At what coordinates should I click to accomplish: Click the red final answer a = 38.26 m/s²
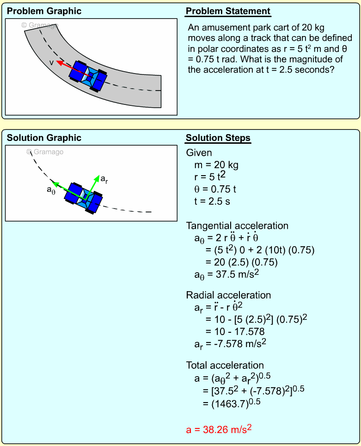click(x=219, y=429)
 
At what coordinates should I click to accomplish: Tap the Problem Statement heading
click(x=228, y=11)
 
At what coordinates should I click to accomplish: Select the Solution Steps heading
click(x=218, y=138)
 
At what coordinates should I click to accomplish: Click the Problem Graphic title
click(x=44, y=11)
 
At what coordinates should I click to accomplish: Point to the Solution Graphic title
click(x=44, y=138)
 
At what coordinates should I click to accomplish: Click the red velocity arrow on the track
click(x=73, y=68)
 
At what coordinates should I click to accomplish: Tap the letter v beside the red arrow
click(x=51, y=62)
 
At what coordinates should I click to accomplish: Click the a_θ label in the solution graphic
click(x=51, y=190)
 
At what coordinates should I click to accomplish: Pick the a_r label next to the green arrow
click(x=104, y=179)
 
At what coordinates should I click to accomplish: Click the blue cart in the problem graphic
click(x=88, y=76)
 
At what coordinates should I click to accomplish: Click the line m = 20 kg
click(x=216, y=165)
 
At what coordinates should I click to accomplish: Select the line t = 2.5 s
click(x=212, y=202)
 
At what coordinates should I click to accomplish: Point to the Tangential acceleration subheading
click(x=237, y=226)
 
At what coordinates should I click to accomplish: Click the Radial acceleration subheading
click(x=228, y=295)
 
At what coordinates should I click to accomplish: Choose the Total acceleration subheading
click(x=225, y=365)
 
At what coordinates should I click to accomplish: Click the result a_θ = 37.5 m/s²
click(x=227, y=275)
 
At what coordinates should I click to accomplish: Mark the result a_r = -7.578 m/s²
click(x=230, y=344)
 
